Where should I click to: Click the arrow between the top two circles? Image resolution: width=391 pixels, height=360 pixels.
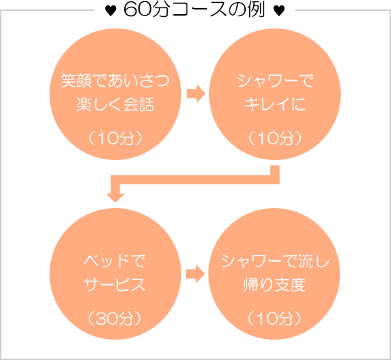pyautogui.click(x=195, y=94)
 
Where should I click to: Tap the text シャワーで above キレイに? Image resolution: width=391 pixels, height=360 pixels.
pyautogui.click(x=276, y=81)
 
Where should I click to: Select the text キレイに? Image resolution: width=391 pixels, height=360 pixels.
pyautogui.click(x=276, y=105)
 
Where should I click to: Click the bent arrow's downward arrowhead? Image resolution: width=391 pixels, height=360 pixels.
pyautogui.click(x=116, y=196)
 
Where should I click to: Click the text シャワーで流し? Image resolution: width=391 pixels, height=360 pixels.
pyautogui.click(x=276, y=260)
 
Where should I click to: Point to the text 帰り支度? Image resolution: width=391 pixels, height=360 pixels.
pyautogui.click(x=276, y=284)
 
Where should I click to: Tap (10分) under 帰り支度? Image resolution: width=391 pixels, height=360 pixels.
pyautogui.click(x=276, y=317)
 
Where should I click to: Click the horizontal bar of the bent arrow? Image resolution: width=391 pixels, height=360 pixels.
pyautogui.click(x=197, y=179)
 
